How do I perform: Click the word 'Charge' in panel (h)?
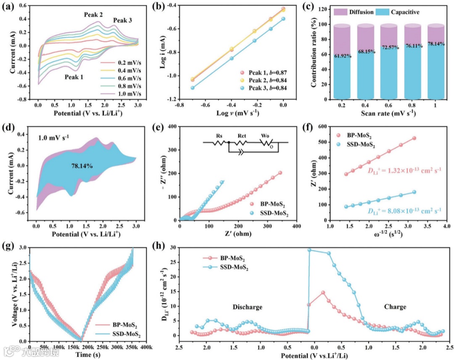(395, 307)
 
